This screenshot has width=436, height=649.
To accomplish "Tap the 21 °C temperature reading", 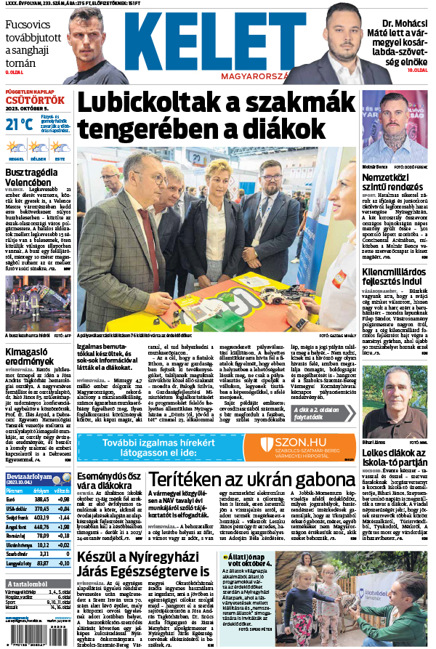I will pyautogui.click(x=20, y=124).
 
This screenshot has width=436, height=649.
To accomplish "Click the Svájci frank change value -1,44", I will pyautogui.click(x=62, y=517).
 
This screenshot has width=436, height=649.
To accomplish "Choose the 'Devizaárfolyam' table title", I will pyautogui.click(x=29, y=477).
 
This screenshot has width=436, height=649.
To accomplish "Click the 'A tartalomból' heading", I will pyautogui.click(x=29, y=584).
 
